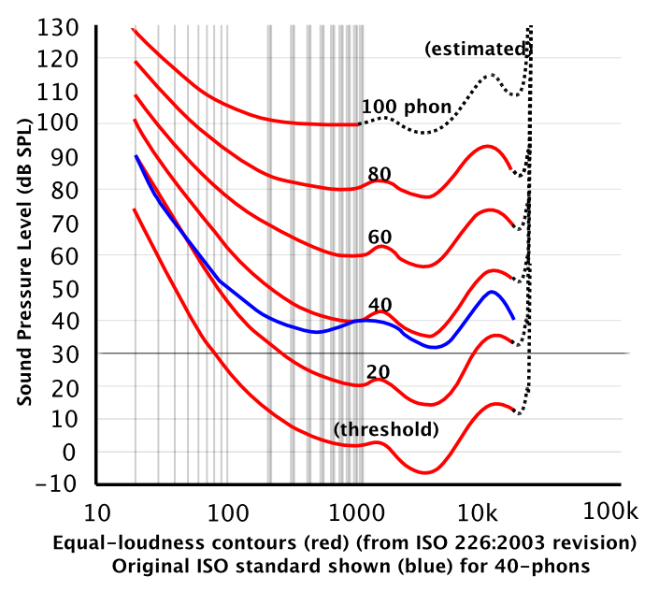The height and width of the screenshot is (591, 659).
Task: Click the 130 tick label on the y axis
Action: pyautogui.click(x=61, y=26)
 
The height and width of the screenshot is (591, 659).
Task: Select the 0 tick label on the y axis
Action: pyautogui.click(x=77, y=452)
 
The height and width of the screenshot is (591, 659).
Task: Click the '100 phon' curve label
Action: pyautogui.click(x=407, y=106)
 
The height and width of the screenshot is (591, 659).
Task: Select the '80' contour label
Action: pyautogui.click(x=379, y=173)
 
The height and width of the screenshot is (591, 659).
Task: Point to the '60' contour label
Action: pyautogui.click(x=379, y=238)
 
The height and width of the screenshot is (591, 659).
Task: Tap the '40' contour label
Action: pyautogui.click(x=379, y=304)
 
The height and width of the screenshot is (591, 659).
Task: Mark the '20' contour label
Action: pyautogui.click(x=379, y=371)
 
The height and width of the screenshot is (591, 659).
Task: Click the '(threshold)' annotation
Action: pyautogui.click(x=385, y=430)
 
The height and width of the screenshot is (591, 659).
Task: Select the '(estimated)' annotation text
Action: pyautogui.click(x=478, y=49)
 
